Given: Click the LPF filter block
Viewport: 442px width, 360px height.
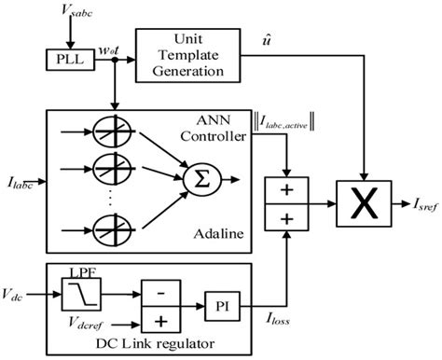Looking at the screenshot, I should (x=79, y=293).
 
